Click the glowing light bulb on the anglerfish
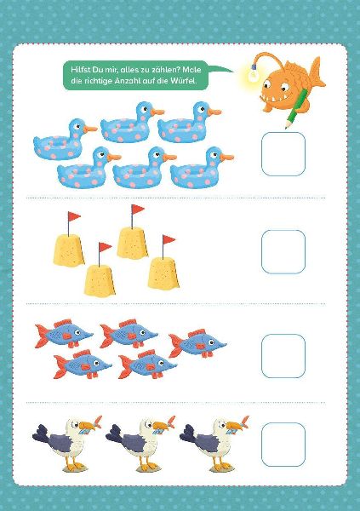(x=252, y=75)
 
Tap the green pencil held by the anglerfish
(x=296, y=108)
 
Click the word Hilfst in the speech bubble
(x=80, y=70)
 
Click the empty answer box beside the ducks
(x=283, y=154)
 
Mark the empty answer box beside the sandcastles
(x=283, y=251)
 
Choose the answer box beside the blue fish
(x=283, y=355)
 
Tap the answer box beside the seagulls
(x=283, y=445)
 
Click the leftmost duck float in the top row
(x=66, y=140)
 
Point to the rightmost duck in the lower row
(x=202, y=168)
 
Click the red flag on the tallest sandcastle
(x=138, y=210)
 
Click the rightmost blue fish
(x=197, y=343)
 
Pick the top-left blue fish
(x=64, y=333)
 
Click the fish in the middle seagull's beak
(x=164, y=428)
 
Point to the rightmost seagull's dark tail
(x=188, y=433)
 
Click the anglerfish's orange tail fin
(x=317, y=72)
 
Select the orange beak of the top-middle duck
(x=157, y=112)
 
